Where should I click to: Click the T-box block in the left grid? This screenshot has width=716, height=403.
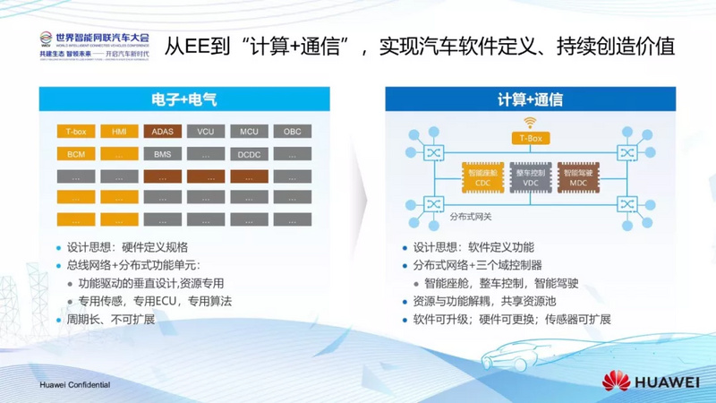click(75, 132)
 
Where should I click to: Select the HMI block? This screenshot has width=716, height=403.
click(119, 132)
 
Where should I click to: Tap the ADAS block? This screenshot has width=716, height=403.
click(162, 132)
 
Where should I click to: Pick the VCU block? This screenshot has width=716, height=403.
click(205, 132)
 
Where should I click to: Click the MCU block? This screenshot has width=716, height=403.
click(249, 132)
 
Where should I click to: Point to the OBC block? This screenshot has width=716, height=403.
click(292, 132)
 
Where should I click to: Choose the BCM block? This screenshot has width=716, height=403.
click(75, 154)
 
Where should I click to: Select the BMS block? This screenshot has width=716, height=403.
click(162, 154)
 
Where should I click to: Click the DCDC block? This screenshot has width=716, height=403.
click(249, 154)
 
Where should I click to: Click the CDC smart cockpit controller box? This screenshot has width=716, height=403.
click(482, 176)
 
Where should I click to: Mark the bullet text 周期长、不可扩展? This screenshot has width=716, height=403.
click(111, 320)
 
